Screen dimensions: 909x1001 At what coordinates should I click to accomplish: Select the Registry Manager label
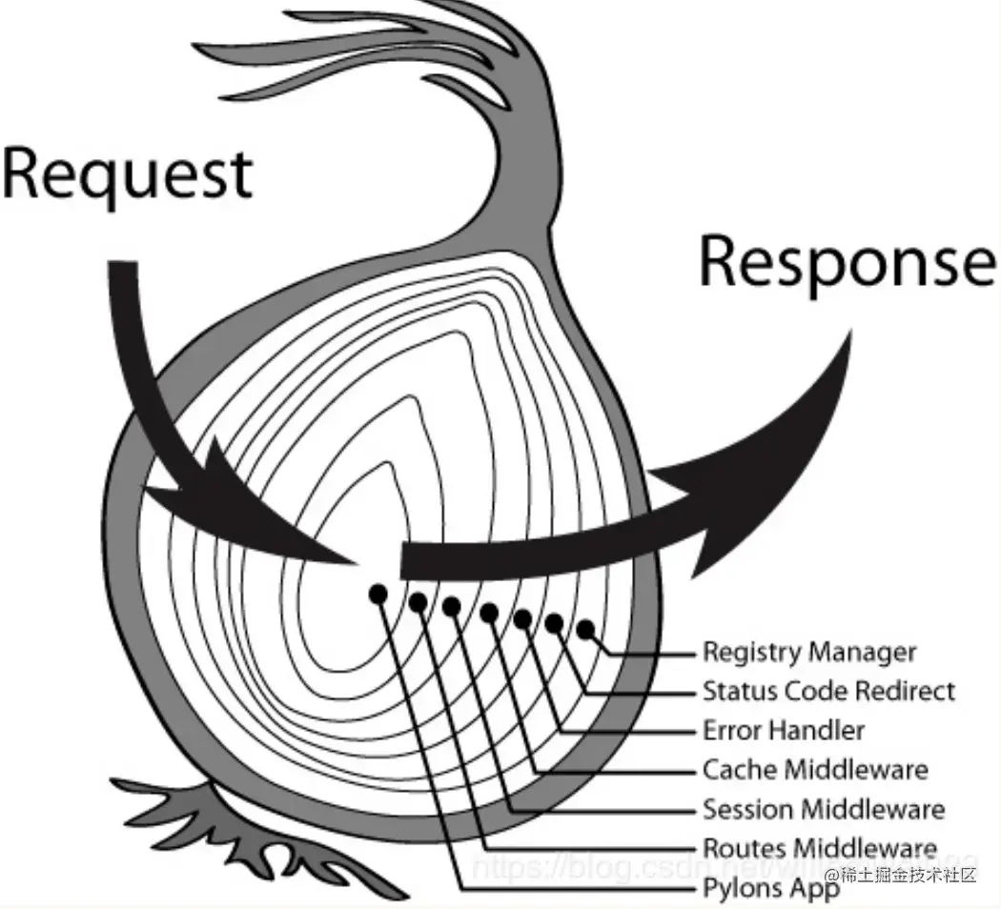coord(808,653)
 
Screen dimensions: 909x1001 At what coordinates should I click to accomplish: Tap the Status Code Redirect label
coord(827,691)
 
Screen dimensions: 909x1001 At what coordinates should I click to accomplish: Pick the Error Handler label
coord(783,731)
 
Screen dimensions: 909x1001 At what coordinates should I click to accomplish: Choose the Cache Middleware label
coord(814,769)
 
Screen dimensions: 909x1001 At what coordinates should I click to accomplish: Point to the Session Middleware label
coord(823,809)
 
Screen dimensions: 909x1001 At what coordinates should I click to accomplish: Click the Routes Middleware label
coord(819,847)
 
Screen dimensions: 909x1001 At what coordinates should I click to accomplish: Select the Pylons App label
coord(770,888)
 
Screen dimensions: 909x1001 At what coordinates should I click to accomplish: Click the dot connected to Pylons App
coord(378,594)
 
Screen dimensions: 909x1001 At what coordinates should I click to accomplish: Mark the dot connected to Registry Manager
coord(585,628)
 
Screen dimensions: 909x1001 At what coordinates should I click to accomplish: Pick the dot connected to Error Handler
coord(522,618)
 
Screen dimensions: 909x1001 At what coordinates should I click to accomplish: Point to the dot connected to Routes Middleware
coord(418,601)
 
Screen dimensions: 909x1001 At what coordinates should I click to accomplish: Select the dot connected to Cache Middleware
coord(489,612)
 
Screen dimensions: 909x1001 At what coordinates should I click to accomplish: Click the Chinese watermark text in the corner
coord(901,875)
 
